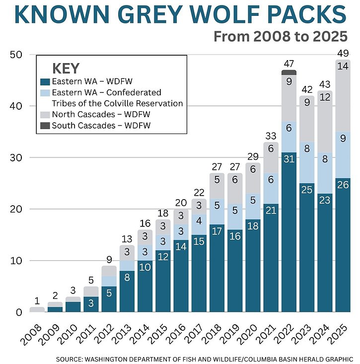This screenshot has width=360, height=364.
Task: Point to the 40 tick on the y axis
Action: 17,106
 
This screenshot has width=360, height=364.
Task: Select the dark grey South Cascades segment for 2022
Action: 288,73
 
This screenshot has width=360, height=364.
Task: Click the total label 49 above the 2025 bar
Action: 343,54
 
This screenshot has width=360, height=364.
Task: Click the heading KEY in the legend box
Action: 66,69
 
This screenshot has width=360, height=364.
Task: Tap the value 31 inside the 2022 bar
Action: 288,159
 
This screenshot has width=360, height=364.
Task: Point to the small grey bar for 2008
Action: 37,309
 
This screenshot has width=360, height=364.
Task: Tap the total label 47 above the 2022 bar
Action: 288,63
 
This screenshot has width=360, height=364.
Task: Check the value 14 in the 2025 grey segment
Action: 343,67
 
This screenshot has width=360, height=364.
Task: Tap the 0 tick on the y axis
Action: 18,312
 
